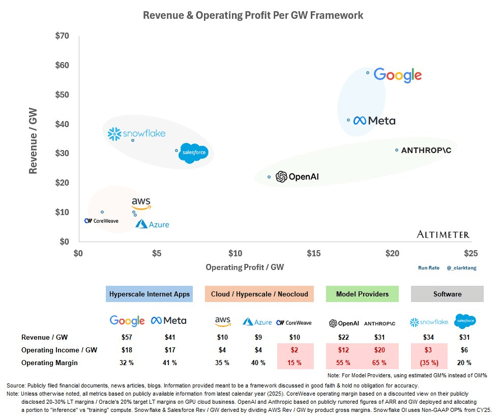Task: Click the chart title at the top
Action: pyautogui.click(x=253, y=15)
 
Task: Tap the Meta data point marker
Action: pyautogui.click(x=348, y=120)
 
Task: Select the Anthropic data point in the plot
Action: pyautogui.click(x=397, y=150)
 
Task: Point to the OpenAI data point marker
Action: pyautogui.click(x=269, y=177)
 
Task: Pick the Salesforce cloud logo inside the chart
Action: pyautogui.click(x=193, y=153)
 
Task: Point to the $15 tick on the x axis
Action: pyautogui.click(x=314, y=253)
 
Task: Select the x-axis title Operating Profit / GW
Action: pyautogui.click(x=245, y=267)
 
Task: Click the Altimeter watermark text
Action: pyautogui.click(x=443, y=234)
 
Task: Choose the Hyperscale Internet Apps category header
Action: pyautogui.click(x=149, y=294)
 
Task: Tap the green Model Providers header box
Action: pyautogui.click(x=362, y=294)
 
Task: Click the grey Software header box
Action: pyautogui.click(x=447, y=294)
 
